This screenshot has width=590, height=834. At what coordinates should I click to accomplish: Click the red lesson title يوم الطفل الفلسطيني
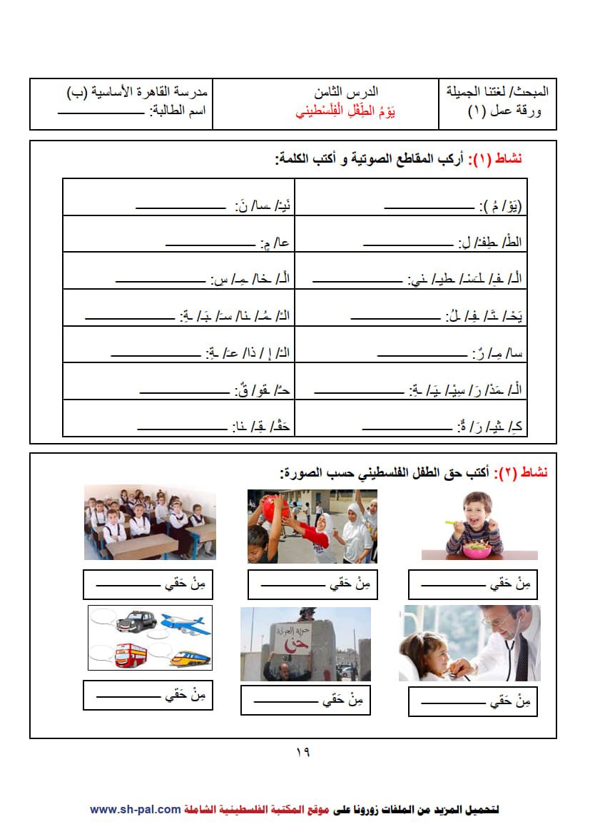[345, 112]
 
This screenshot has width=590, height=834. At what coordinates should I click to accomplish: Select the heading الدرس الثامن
[346, 92]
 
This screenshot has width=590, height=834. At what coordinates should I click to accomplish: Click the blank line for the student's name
[100, 112]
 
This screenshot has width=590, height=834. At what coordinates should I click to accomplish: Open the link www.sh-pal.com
[135, 809]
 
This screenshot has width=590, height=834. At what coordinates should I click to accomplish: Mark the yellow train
[188, 656]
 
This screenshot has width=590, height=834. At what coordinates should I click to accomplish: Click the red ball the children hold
[275, 508]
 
